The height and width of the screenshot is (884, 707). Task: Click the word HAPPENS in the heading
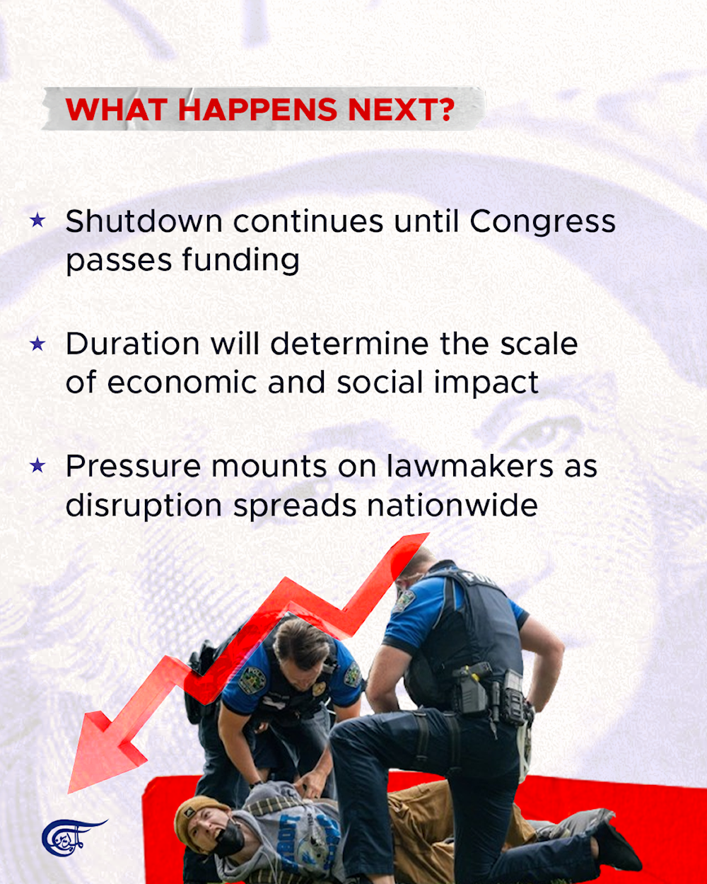[257, 110]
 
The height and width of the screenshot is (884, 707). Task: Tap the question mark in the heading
[444, 110]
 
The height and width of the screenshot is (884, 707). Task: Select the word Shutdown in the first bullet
[144, 221]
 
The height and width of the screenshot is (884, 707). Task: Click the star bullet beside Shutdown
[37, 221]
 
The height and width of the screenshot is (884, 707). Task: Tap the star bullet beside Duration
[37, 344]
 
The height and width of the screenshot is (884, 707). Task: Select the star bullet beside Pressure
[37, 465]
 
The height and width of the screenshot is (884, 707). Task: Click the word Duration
[133, 344]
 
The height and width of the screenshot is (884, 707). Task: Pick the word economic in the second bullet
[182, 383]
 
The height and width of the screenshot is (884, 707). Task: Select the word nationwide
[452, 505]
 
